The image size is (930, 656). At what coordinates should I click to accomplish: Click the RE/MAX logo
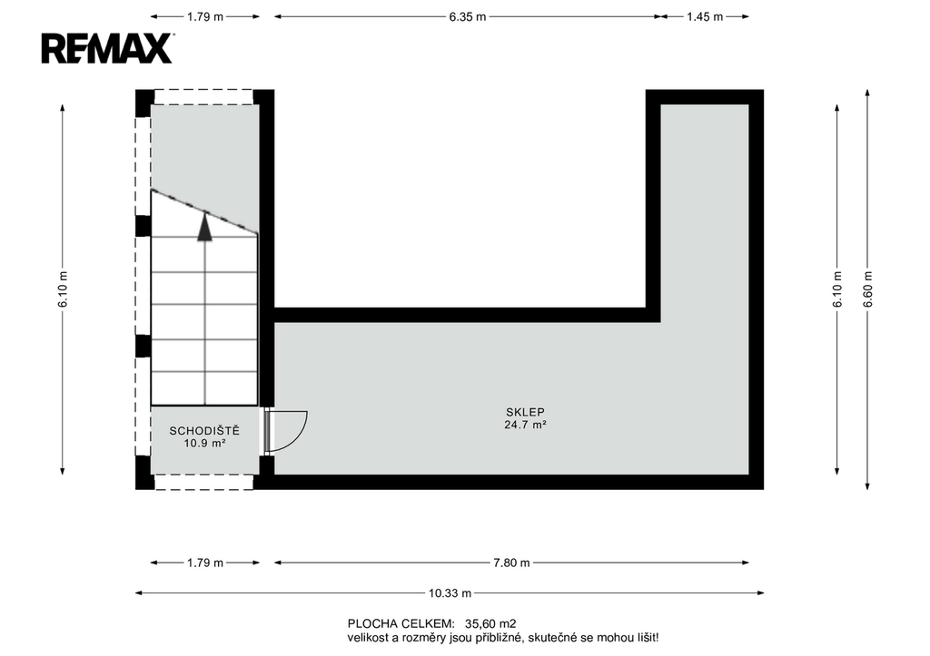pyautogui.click(x=107, y=48)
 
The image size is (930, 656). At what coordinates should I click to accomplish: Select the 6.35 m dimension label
pyautogui.click(x=468, y=16)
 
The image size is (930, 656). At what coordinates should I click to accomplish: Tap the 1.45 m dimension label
pyautogui.click(x=705, y=16)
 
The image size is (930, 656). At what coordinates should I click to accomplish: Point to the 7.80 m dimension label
pyautogui.click(x=511, y=563)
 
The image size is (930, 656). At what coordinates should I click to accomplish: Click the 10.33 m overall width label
pyautogui.click(x=450, y=592)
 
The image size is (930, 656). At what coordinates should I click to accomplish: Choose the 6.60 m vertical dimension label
pyautogui.click(x=867, y=289)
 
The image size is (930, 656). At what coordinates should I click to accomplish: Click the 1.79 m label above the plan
pyautogui.click(x=205, y=16)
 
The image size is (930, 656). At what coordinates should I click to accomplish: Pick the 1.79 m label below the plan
pyautogui.click(x=205, y=563)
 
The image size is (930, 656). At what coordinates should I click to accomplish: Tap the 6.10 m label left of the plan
pyautogui.click(x=63, y=289)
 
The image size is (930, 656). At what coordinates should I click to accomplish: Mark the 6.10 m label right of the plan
pyautogui.click(x=837, y=289)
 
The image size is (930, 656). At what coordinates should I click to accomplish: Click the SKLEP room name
pyautogui.click(x=525, y=412)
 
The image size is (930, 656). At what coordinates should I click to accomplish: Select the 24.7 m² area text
pyautogui.click(x=525, y=425)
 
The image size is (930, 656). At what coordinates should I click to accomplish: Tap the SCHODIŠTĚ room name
pyautogui.click(x=204, y=430)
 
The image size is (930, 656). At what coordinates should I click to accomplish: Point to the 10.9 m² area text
pyautogui.click(x=204, y=443)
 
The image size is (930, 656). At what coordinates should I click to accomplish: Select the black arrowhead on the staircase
pyautogui.click(x=204, y=227)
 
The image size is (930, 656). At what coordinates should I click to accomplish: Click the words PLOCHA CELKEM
pyautogui.click(x=401, y=623)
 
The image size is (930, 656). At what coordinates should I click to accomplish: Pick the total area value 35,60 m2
pyautogui.click(x=490, y=623)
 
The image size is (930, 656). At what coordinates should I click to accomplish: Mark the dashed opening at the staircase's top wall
pyautogui.click(x=204, y=97)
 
